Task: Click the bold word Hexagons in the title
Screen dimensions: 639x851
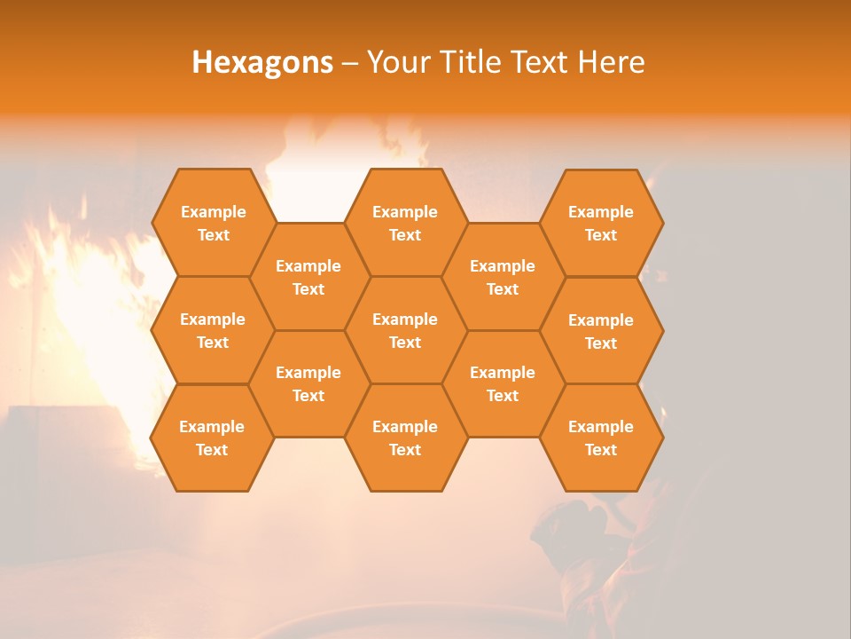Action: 262,62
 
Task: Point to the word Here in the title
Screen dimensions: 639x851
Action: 612,62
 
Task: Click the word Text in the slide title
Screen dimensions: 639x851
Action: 542,62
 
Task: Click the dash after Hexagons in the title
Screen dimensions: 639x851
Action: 349,62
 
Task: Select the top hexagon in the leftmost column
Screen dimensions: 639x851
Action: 213,223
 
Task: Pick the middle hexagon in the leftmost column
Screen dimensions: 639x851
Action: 213,330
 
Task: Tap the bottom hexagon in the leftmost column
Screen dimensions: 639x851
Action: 212,438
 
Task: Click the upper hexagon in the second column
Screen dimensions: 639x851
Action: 308,277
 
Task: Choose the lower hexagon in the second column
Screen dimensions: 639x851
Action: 308,383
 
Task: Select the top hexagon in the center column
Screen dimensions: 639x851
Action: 405,223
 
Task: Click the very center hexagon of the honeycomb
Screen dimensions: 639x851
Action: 405,330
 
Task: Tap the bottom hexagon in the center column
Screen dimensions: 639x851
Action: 405,438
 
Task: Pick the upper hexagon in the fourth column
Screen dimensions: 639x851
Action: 503,277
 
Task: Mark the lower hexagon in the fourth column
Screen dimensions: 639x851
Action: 503,383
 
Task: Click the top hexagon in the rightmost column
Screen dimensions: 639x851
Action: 601,223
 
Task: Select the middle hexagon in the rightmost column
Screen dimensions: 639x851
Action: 601,331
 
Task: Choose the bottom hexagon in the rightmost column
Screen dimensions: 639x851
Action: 601,438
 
